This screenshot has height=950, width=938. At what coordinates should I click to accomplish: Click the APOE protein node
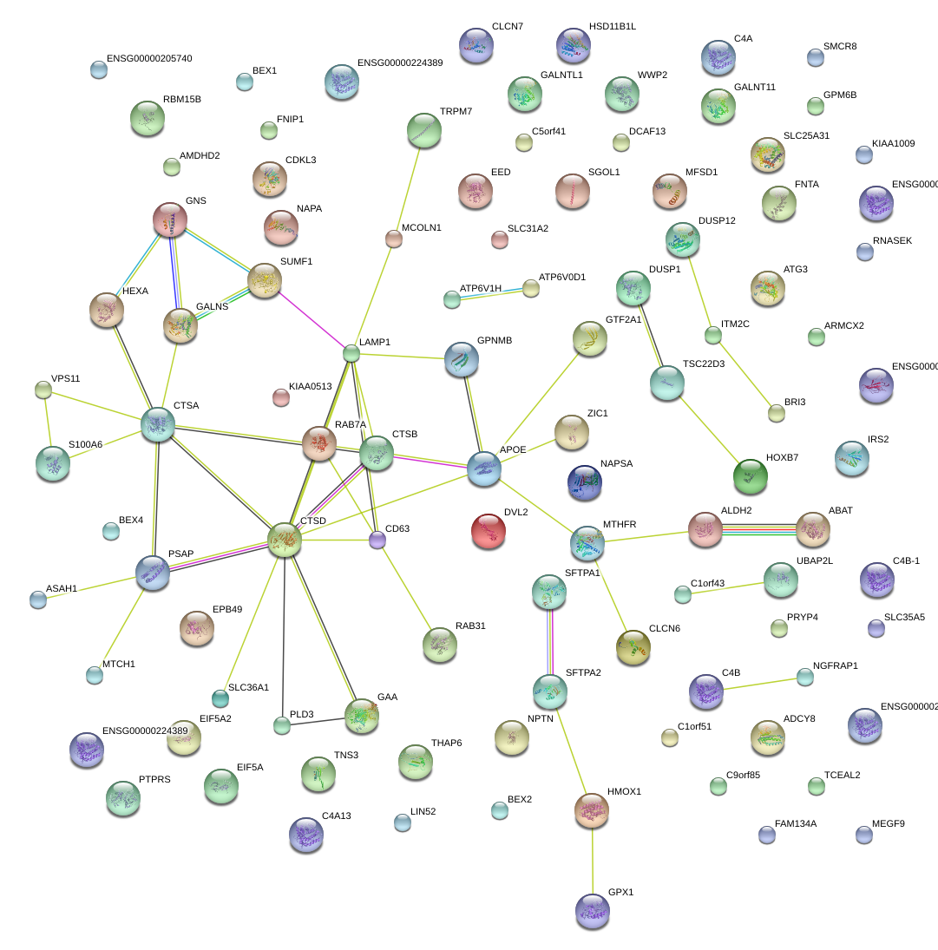(484, 468)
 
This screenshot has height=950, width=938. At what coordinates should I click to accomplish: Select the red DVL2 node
(489, 531)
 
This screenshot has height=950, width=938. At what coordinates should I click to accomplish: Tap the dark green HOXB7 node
(750, 475)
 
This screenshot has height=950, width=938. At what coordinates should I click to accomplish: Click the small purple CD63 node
(377, 541)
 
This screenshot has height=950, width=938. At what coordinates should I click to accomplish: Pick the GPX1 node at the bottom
(592, 910)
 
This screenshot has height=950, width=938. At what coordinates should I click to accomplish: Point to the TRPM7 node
(423, 130)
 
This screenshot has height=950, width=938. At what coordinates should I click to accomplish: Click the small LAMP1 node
(351, 353)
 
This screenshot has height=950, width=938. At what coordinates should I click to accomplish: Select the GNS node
(170, 219)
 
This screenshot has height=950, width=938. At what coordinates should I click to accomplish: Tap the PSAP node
(153, 573)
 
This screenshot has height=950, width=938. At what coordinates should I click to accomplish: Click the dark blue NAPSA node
(584, 483)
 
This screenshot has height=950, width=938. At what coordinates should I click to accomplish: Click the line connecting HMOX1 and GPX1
(592, 859)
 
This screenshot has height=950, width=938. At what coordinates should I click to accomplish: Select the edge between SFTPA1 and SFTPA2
(549, 640)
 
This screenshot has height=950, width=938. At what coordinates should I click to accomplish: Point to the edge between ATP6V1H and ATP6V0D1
(491, 293)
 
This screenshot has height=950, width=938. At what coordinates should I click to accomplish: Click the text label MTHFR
(620, 525)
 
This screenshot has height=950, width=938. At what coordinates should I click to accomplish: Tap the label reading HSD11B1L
(612, 27)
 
